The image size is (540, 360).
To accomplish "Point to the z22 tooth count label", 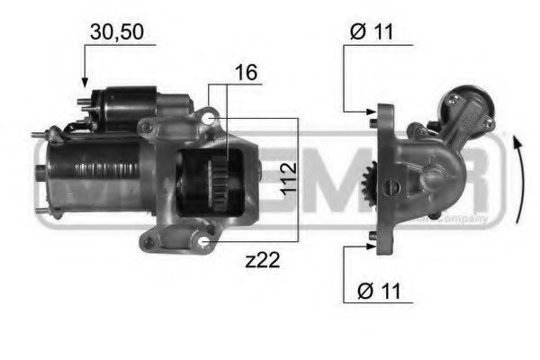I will pyautogui.click(x=263, y=261).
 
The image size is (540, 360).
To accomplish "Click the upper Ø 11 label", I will pyautogui.click(x=370, y=33).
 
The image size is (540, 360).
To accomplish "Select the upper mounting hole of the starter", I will pyautogui.click(x=208, y=118).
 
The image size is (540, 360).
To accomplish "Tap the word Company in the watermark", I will pyautogui.click(x=467, y=219).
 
